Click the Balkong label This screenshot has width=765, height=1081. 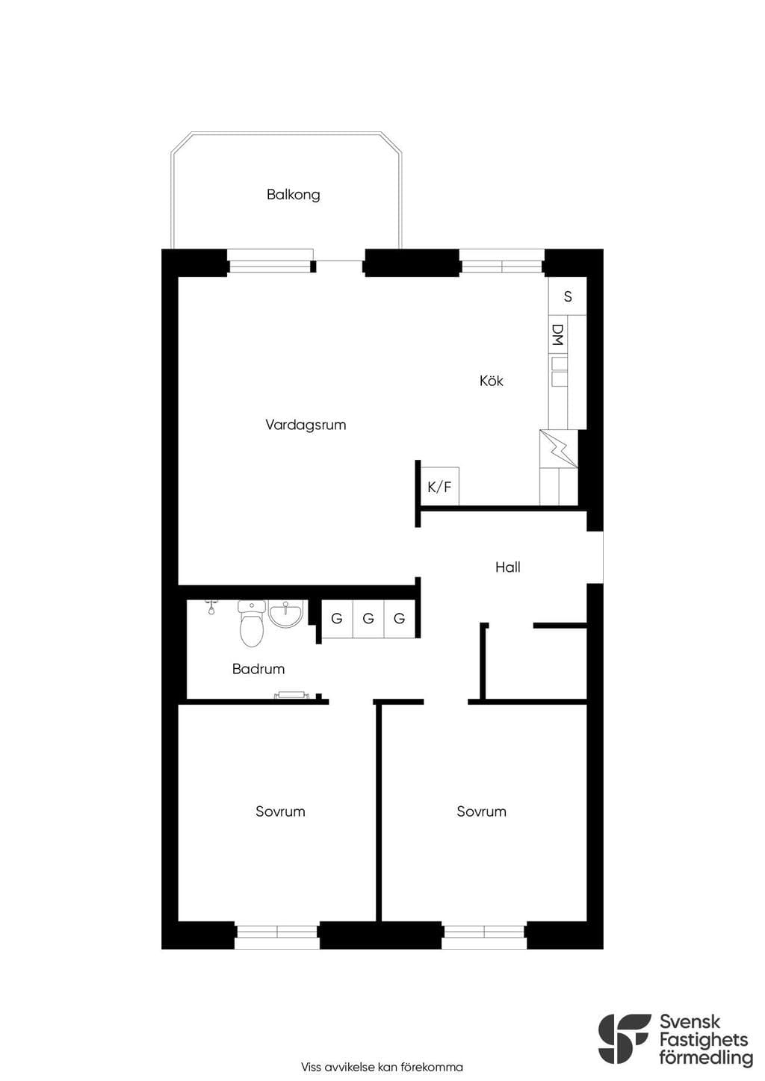coord(293,195)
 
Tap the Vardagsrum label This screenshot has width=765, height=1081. coord(306,426)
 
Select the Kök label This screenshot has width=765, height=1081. coord(491,381)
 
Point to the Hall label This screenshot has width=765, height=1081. coord(507,567)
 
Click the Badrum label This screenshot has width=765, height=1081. coord(258,669)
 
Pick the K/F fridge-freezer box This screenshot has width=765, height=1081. coord(439,486)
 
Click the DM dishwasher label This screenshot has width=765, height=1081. coord(558,334)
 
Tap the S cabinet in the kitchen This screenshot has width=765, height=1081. coord(568,296)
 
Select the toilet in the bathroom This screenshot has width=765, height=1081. coord(251,623)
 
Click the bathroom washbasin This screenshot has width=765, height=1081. coord(285,614)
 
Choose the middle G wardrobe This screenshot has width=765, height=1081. coord(368,618)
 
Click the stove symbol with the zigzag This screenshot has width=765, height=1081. coord(559,449)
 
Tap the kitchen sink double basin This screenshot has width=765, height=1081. coord(559,372)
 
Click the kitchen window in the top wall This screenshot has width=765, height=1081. coord(502,263)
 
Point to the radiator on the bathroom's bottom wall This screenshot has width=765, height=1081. coord(291,695)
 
